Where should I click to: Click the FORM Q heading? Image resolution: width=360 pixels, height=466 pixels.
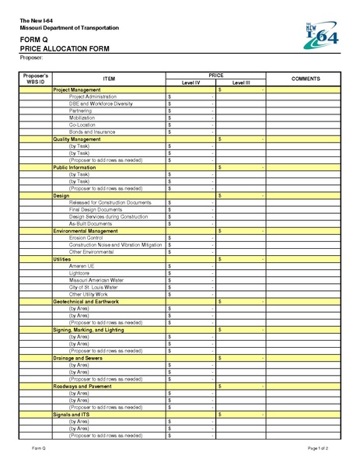tap(33, 39)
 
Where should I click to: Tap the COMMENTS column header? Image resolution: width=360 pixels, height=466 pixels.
tap(300, 79)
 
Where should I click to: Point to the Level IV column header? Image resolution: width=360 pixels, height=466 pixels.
tap(190, 82)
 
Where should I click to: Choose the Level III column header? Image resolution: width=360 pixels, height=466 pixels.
tap(241, 82)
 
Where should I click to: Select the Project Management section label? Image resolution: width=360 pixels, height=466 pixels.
tap(76, 90)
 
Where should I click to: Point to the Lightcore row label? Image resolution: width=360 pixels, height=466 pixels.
tap(80, 273)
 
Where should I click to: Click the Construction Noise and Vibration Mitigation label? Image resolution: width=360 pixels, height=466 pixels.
tap(115, 244)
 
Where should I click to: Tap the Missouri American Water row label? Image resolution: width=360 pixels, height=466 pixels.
tap(96, 280)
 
